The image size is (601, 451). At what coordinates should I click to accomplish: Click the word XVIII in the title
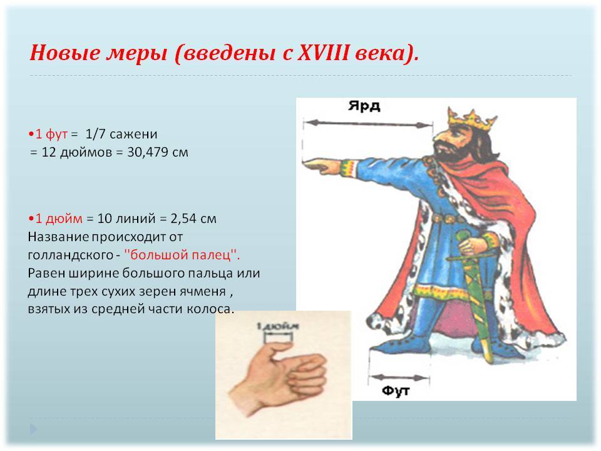coord(324,53)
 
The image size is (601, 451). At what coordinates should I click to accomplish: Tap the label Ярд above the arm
coord(364,106)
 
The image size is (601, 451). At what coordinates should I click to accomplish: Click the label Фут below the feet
coord(396,391)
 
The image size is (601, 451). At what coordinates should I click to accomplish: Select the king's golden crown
coord(472,119)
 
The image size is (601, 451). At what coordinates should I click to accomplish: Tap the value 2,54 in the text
coord(183,219)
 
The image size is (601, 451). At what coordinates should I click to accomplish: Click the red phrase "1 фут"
coord(51,134)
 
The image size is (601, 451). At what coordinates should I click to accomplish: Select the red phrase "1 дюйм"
coord(59,219)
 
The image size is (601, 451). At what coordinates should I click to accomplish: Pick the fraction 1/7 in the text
coord(95,134)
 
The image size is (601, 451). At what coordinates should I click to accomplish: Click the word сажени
coord(133,135)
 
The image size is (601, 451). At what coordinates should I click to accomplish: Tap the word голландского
coord(71,255)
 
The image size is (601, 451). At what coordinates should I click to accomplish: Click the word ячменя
coord(207,291)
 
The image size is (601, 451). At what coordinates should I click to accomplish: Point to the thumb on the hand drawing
coord(279,349)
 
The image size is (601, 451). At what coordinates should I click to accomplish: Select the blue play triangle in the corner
coord(33,429)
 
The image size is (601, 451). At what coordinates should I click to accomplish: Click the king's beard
coord(446,152)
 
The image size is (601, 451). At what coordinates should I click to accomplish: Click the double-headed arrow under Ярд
coord(368,124)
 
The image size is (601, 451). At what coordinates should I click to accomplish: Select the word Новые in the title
coord(64,53)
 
